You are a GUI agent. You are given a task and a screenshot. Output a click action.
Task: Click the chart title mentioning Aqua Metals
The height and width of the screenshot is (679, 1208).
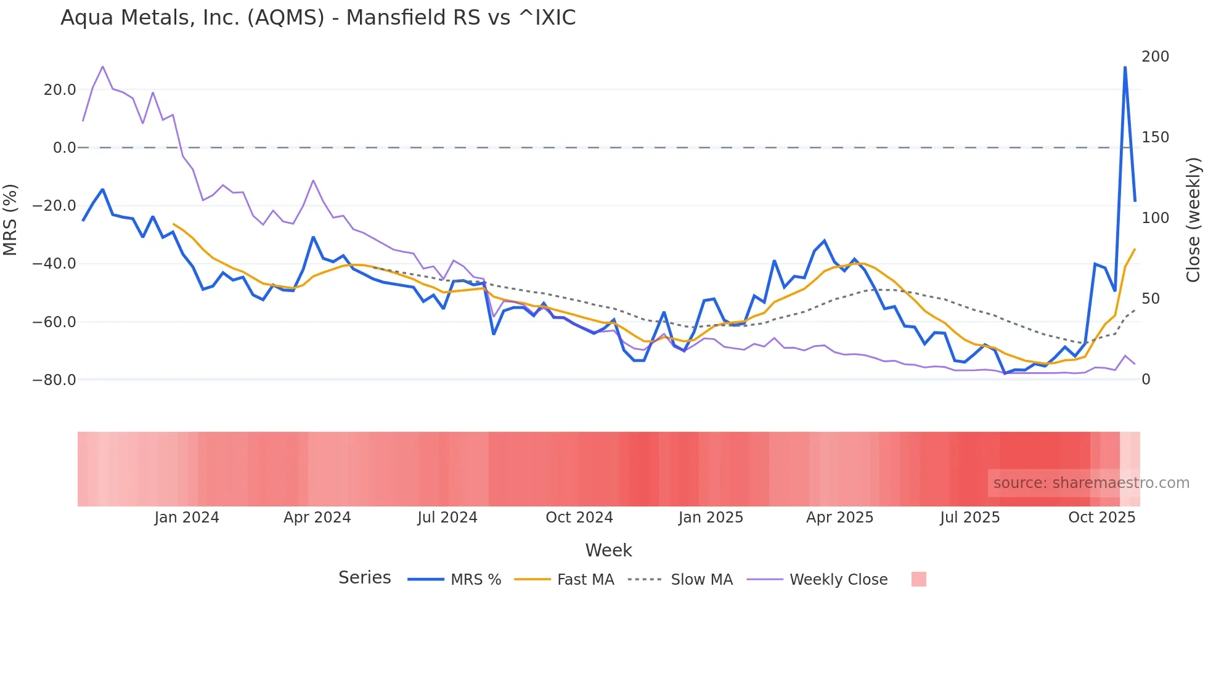[318, 18]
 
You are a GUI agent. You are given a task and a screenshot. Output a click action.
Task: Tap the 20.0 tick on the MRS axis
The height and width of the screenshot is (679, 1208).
[60, 90]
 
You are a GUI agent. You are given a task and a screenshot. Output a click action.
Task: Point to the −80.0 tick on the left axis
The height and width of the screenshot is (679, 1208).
[54, 380]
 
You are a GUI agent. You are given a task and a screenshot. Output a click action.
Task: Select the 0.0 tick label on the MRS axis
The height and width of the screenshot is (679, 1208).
[64, 148]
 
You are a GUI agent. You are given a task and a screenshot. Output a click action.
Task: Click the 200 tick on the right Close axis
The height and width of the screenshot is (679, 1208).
[1155, 57]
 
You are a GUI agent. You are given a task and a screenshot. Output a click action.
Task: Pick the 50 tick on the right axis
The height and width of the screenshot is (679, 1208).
[1151, 299]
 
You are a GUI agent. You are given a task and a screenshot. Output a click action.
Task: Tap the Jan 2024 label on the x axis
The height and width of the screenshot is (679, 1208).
[187, 518]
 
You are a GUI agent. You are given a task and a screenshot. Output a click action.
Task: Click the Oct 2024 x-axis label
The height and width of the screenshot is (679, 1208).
[579, 518]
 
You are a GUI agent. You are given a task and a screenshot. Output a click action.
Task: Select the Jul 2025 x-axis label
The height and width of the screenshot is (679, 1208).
[969, 518]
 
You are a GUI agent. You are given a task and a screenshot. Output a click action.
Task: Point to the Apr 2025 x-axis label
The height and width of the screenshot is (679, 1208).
[839, 518]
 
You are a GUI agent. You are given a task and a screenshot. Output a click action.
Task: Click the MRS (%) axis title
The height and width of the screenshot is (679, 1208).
[10, 219]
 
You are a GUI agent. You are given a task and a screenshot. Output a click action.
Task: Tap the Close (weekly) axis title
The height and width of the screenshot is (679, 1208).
[1193, 220]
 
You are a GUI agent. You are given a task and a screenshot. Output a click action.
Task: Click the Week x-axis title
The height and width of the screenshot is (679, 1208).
[608, 550]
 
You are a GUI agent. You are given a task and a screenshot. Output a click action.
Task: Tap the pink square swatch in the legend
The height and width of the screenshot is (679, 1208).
[918, 579]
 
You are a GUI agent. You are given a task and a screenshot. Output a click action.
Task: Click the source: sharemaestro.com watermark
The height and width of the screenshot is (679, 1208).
[1091, 483]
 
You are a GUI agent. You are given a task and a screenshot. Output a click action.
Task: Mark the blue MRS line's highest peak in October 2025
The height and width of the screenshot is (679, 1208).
[1125, 67]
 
